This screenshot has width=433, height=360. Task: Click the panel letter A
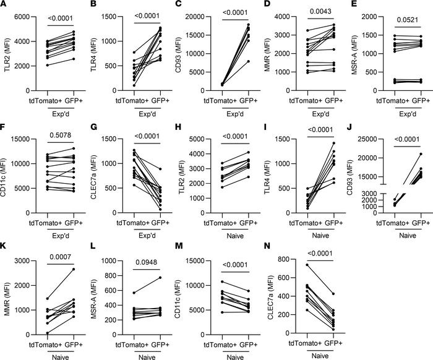4,6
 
